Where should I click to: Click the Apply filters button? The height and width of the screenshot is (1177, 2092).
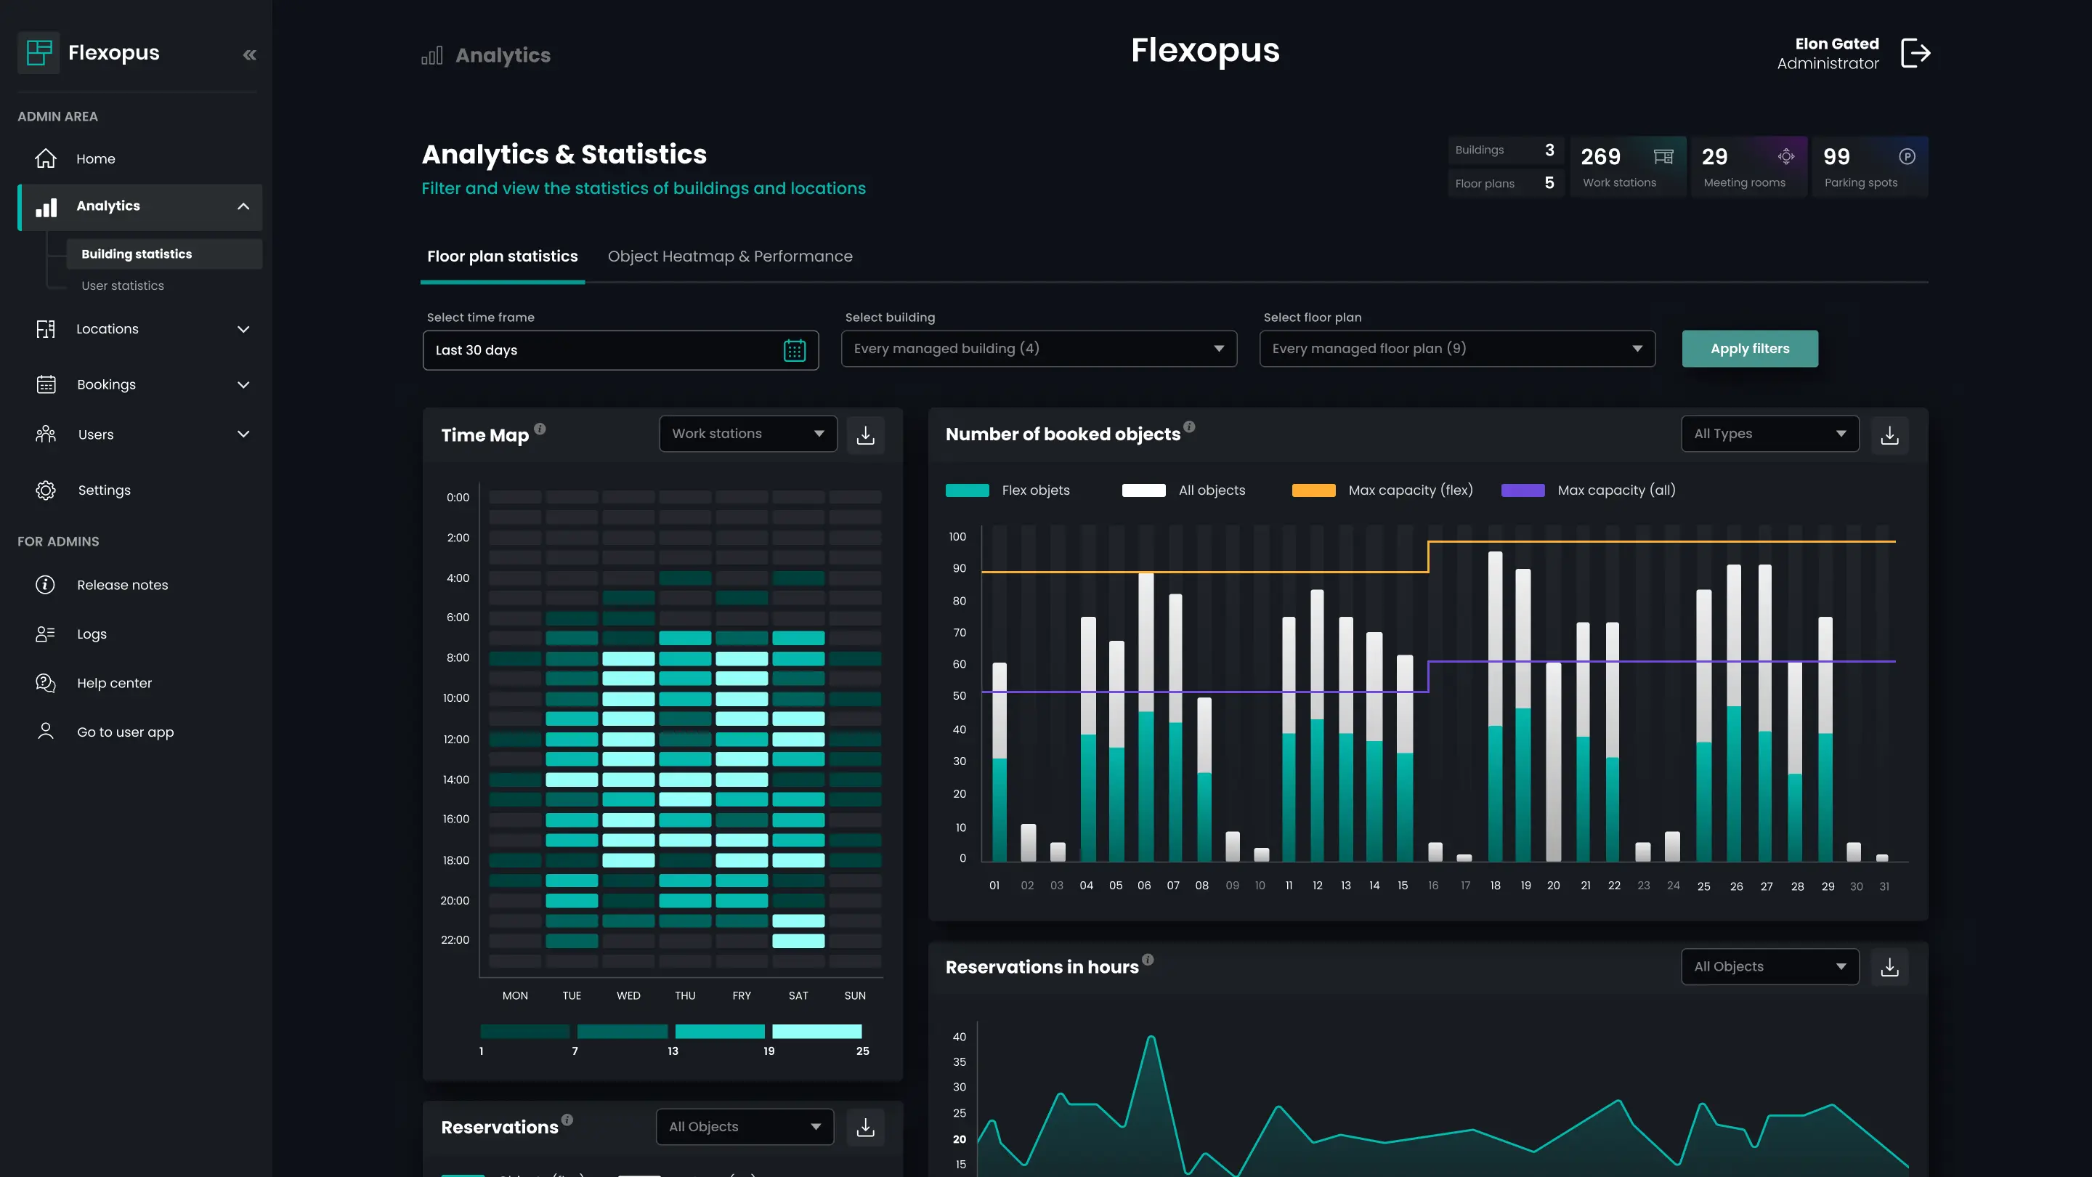1749,349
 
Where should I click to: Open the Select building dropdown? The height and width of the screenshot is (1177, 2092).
1038,349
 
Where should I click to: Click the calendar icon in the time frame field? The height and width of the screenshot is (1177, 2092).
793,350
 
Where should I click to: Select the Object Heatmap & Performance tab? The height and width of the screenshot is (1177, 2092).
729,256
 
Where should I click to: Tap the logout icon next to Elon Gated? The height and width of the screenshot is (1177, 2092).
1915,54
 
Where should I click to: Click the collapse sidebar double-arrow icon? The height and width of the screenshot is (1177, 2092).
249,54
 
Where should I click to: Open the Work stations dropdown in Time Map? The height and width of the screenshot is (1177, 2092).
747,434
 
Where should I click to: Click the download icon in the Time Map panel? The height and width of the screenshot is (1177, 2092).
865,434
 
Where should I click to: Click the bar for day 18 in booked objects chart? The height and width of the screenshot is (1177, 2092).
1495,707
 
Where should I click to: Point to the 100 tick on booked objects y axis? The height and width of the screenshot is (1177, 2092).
957,537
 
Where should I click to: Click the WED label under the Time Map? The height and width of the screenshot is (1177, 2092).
628,995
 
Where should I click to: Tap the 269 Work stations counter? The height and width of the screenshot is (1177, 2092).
1626,166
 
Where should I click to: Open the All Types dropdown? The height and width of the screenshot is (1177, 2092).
1769,434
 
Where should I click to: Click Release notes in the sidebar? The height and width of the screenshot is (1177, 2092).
122,585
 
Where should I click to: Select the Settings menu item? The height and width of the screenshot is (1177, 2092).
104,490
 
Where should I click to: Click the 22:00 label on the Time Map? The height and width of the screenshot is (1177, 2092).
455,940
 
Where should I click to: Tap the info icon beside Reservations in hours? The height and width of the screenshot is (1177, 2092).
1148,959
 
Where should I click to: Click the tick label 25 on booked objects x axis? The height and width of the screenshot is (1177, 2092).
1703,886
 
